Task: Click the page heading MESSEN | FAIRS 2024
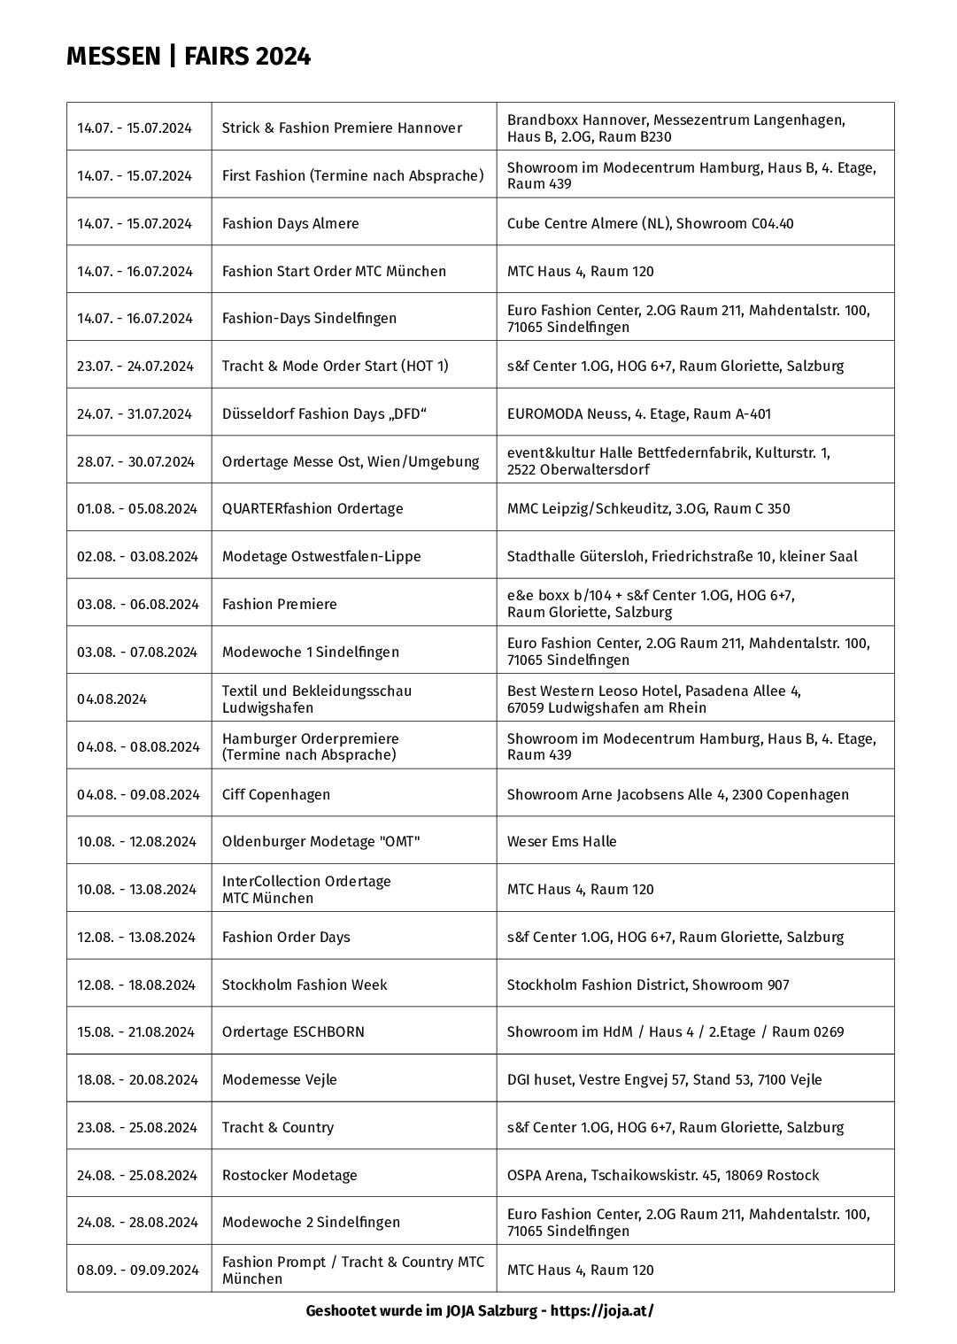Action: click(189, 57)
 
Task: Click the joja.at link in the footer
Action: click(602, 1310)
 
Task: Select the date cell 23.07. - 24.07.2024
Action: click(135, 366)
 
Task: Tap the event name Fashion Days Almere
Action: click(290, 223)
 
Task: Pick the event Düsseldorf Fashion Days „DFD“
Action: click(324, 413)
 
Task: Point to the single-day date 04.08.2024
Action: click(112, 699)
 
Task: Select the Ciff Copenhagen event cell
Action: click(275, 794)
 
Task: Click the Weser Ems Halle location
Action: click(561, 841)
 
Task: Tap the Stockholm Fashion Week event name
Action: click(304, 985)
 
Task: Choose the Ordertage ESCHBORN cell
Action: click(293, 1031)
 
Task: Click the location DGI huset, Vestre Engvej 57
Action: click(664, 1079)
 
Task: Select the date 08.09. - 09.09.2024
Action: click(137, 1270)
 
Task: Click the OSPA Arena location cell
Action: click(662, 1175)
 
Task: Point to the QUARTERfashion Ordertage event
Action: click(313, 508)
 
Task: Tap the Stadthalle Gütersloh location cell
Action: click(682, 556)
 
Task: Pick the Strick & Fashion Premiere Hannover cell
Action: click(342, 127)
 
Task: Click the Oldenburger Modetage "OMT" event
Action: click(320, 841)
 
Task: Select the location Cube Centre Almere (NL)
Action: click(650, 223)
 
